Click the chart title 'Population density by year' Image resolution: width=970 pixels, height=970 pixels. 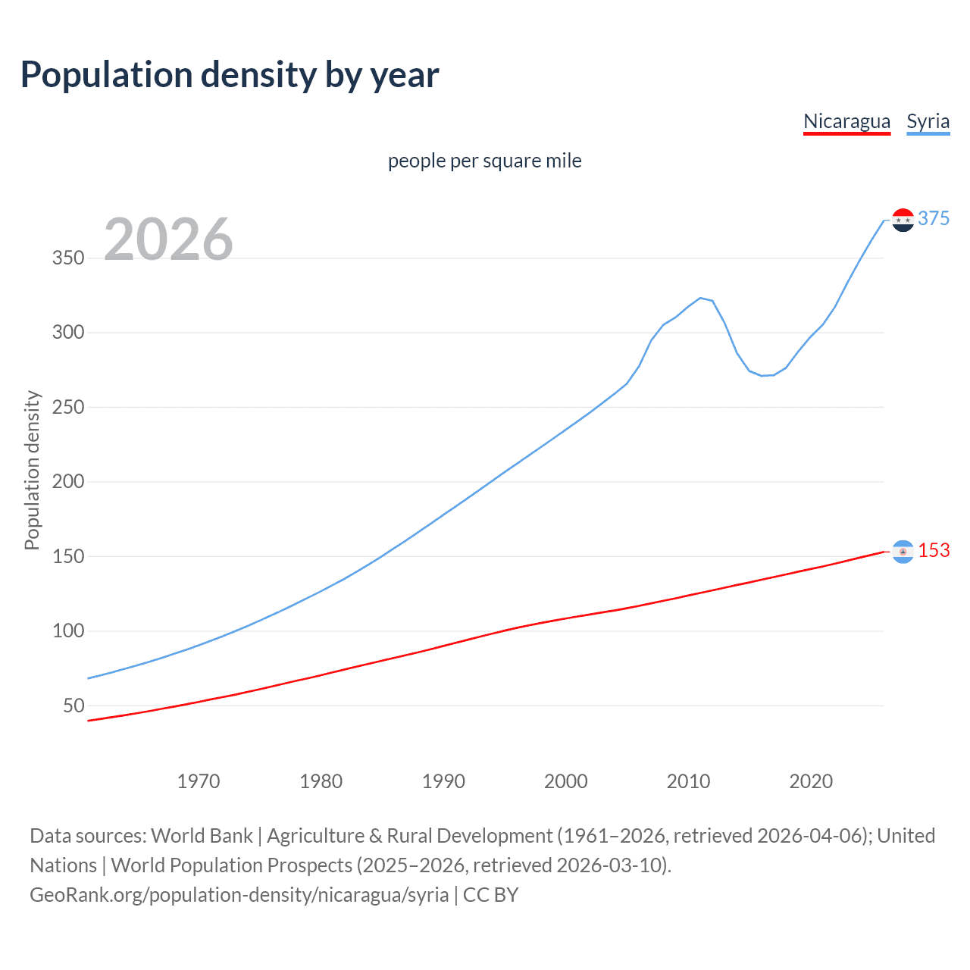coord(230,75)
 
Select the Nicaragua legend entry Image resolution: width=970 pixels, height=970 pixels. coord(846,121)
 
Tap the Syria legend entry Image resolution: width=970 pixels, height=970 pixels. coord(928,121)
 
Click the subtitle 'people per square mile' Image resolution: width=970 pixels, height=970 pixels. coord(484,161)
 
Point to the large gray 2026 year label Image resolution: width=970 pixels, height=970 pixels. coord(168,239)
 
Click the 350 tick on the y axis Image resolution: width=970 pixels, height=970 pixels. coord(68,258)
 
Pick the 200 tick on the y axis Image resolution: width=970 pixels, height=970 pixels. coord(68,481)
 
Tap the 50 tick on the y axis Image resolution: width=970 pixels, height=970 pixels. coord(74,706)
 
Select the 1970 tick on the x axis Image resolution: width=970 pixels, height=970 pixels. coord(199,781)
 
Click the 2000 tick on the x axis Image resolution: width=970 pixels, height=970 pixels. coord(566,781)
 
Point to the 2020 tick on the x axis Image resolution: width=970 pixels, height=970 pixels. coord(811,781)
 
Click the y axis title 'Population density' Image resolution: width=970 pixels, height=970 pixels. coord(32,470)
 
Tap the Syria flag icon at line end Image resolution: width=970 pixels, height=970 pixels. coord(903,220)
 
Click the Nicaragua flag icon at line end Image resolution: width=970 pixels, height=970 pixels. coord(903,552)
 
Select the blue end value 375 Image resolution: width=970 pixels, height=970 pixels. coord(934,218)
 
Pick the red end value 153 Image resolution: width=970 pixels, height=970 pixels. coord(934,550)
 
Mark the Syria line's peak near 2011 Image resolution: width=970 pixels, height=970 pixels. coord(700,298)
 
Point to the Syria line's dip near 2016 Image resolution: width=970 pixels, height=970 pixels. coord(762,376)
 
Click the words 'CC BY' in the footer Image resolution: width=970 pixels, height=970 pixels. coord(491,895)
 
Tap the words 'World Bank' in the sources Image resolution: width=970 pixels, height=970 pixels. coord(202,836)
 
